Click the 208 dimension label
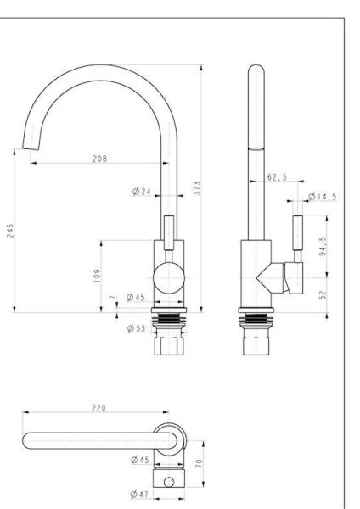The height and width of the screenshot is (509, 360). [x=99, y=159]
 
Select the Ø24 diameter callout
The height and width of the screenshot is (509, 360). [x=142, y=192]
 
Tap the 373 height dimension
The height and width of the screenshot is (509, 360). [x=196, y=188]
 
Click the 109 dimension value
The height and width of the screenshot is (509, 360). [x=97, y=274]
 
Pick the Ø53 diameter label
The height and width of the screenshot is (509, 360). [x=136, y=327]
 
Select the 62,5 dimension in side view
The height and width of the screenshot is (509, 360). [x=276, y=178]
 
